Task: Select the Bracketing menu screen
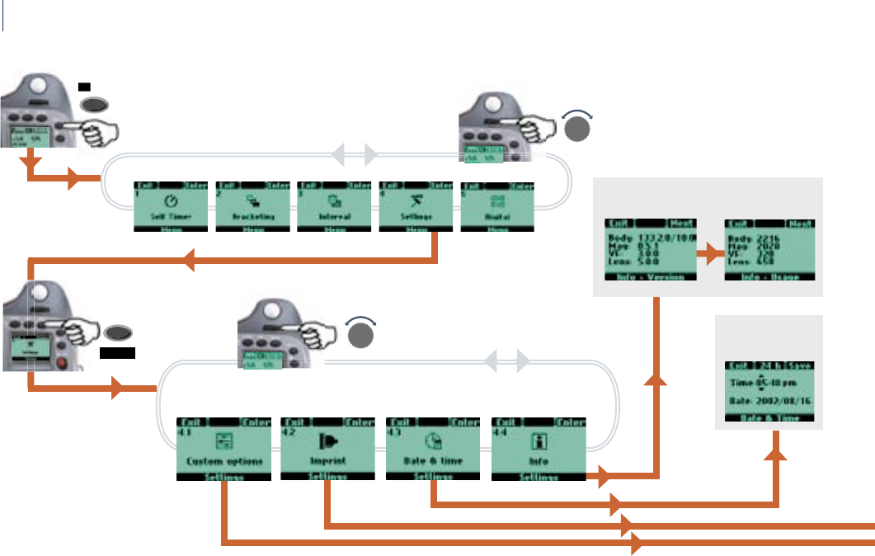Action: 252,206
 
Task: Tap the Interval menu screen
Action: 333,206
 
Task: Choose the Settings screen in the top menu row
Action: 416,206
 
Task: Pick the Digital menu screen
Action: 497,206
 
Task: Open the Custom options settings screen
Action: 225,449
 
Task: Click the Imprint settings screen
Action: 327,449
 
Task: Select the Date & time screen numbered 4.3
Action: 433,449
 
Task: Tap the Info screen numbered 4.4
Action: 539,449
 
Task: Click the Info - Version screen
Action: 651,251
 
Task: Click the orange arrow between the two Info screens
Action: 709,255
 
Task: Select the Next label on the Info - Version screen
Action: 682,224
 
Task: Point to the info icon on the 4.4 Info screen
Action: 539,440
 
